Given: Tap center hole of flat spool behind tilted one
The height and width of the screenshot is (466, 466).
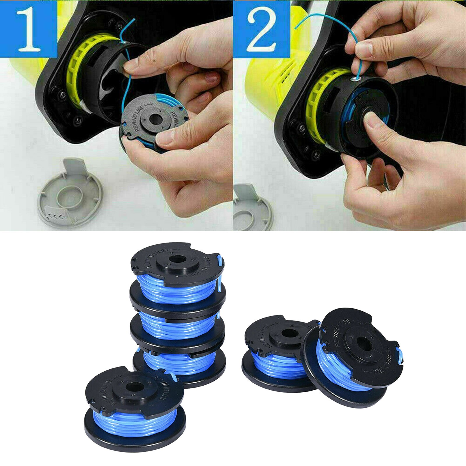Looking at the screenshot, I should click(x=290, y=332).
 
